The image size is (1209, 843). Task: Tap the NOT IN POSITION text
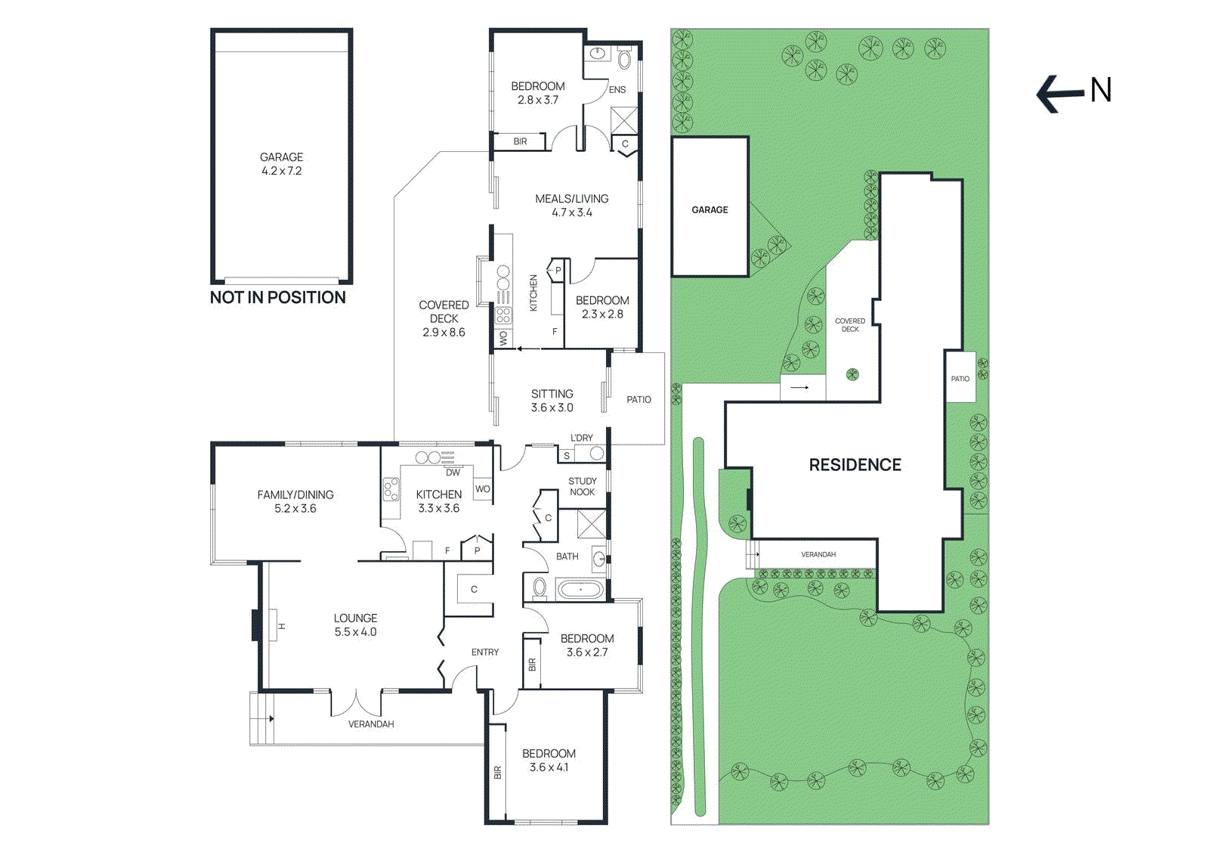point(277,298)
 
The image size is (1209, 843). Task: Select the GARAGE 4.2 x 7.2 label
point(281,164)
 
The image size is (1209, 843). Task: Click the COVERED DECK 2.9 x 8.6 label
point(444,318)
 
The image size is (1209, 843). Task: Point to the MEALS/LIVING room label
point(571,205)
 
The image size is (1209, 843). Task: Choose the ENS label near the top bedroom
point(617,89)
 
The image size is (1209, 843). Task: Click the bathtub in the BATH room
point(580,589)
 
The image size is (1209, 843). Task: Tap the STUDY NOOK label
point(582,486)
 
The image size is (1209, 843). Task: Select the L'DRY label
point(581,438)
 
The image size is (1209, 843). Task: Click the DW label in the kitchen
point(453,473)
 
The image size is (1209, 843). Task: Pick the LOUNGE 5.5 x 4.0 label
point(355,625)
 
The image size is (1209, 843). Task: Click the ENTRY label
point(484,652)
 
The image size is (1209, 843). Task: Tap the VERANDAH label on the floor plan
point(370,724)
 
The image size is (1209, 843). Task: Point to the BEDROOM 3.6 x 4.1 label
point(549,760)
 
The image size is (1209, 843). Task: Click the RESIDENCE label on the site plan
point(855,465)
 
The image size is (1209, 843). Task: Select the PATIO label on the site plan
point(960,379)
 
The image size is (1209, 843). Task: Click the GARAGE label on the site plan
point(710,209)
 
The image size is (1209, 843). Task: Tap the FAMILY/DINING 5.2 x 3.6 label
point(295,501)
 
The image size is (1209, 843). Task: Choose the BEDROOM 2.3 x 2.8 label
point(601,307)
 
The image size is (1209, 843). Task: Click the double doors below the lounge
point(356,703)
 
